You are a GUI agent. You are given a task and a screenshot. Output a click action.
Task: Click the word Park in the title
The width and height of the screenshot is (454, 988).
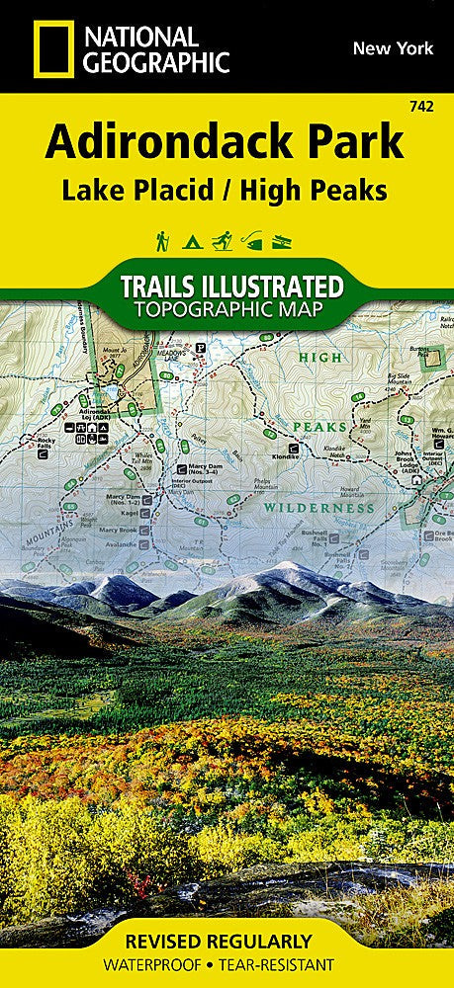pos(347,142)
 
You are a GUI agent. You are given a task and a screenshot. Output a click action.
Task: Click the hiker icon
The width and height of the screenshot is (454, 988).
pos(160,240)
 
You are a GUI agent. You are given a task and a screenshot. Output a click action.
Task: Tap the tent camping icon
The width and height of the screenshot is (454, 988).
pos(192,240)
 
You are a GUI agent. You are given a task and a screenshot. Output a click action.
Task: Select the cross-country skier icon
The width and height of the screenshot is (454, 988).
pos(225,240)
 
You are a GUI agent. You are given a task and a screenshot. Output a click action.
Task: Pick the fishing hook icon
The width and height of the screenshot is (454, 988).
pos(254,240)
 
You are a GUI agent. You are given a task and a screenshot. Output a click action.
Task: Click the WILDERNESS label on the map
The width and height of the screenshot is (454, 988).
pos(318,507)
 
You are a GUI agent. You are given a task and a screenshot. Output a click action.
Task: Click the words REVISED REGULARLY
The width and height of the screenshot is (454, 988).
pos(227,941)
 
